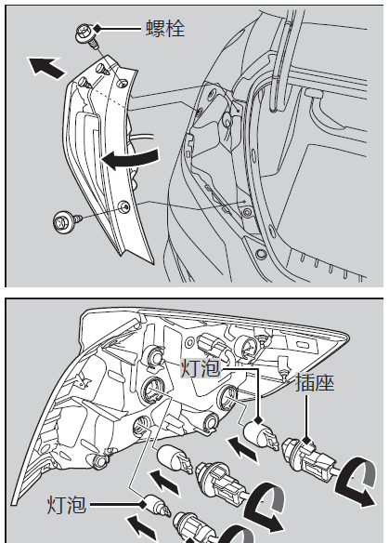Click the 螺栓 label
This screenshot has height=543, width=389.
165,28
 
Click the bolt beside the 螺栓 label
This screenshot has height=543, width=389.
85,35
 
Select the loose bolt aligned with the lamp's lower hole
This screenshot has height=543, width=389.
67,220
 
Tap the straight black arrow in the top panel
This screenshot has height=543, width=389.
46,67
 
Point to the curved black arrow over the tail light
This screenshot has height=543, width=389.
130,159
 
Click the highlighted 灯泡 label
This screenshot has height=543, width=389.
201,368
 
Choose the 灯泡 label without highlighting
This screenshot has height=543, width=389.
67,505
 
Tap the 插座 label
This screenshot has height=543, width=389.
315,383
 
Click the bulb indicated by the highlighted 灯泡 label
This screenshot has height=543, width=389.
261,436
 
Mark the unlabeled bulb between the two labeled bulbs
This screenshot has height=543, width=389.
175,460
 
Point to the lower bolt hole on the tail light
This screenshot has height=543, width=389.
124,206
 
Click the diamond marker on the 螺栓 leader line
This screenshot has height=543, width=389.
97,29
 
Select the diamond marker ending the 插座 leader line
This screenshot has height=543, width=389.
306,442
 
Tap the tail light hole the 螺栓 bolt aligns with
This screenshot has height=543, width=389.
122,83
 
